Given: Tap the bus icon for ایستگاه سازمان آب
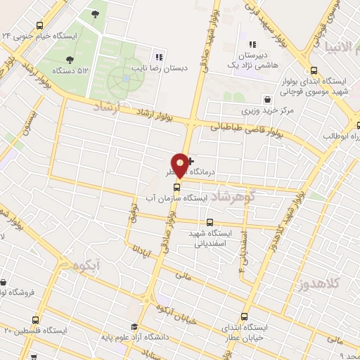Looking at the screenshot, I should pyautogui.click(x=176, y=187).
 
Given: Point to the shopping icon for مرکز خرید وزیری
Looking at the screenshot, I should pyautogui.click(x=266, y=99).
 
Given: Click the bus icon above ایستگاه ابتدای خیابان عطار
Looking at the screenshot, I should pyautogui.click(x=244, y=316).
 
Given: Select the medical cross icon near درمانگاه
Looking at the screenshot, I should pyautogui.click(x=191, y=161).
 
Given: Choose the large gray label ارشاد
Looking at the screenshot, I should pyautogui.click(x=107, y=107).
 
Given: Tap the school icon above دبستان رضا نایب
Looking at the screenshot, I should pyautogui.click(x=160, y=57).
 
